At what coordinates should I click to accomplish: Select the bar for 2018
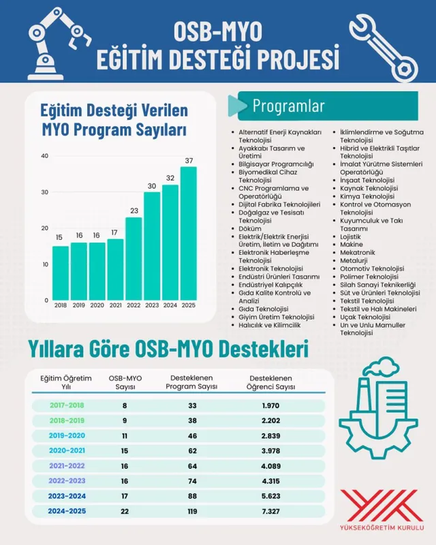tap(61, 272)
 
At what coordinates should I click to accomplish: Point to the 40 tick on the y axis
tap(44, 156)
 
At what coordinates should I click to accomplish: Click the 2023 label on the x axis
tap(152, 306)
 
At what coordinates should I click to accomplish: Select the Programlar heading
tap(288, 106)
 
